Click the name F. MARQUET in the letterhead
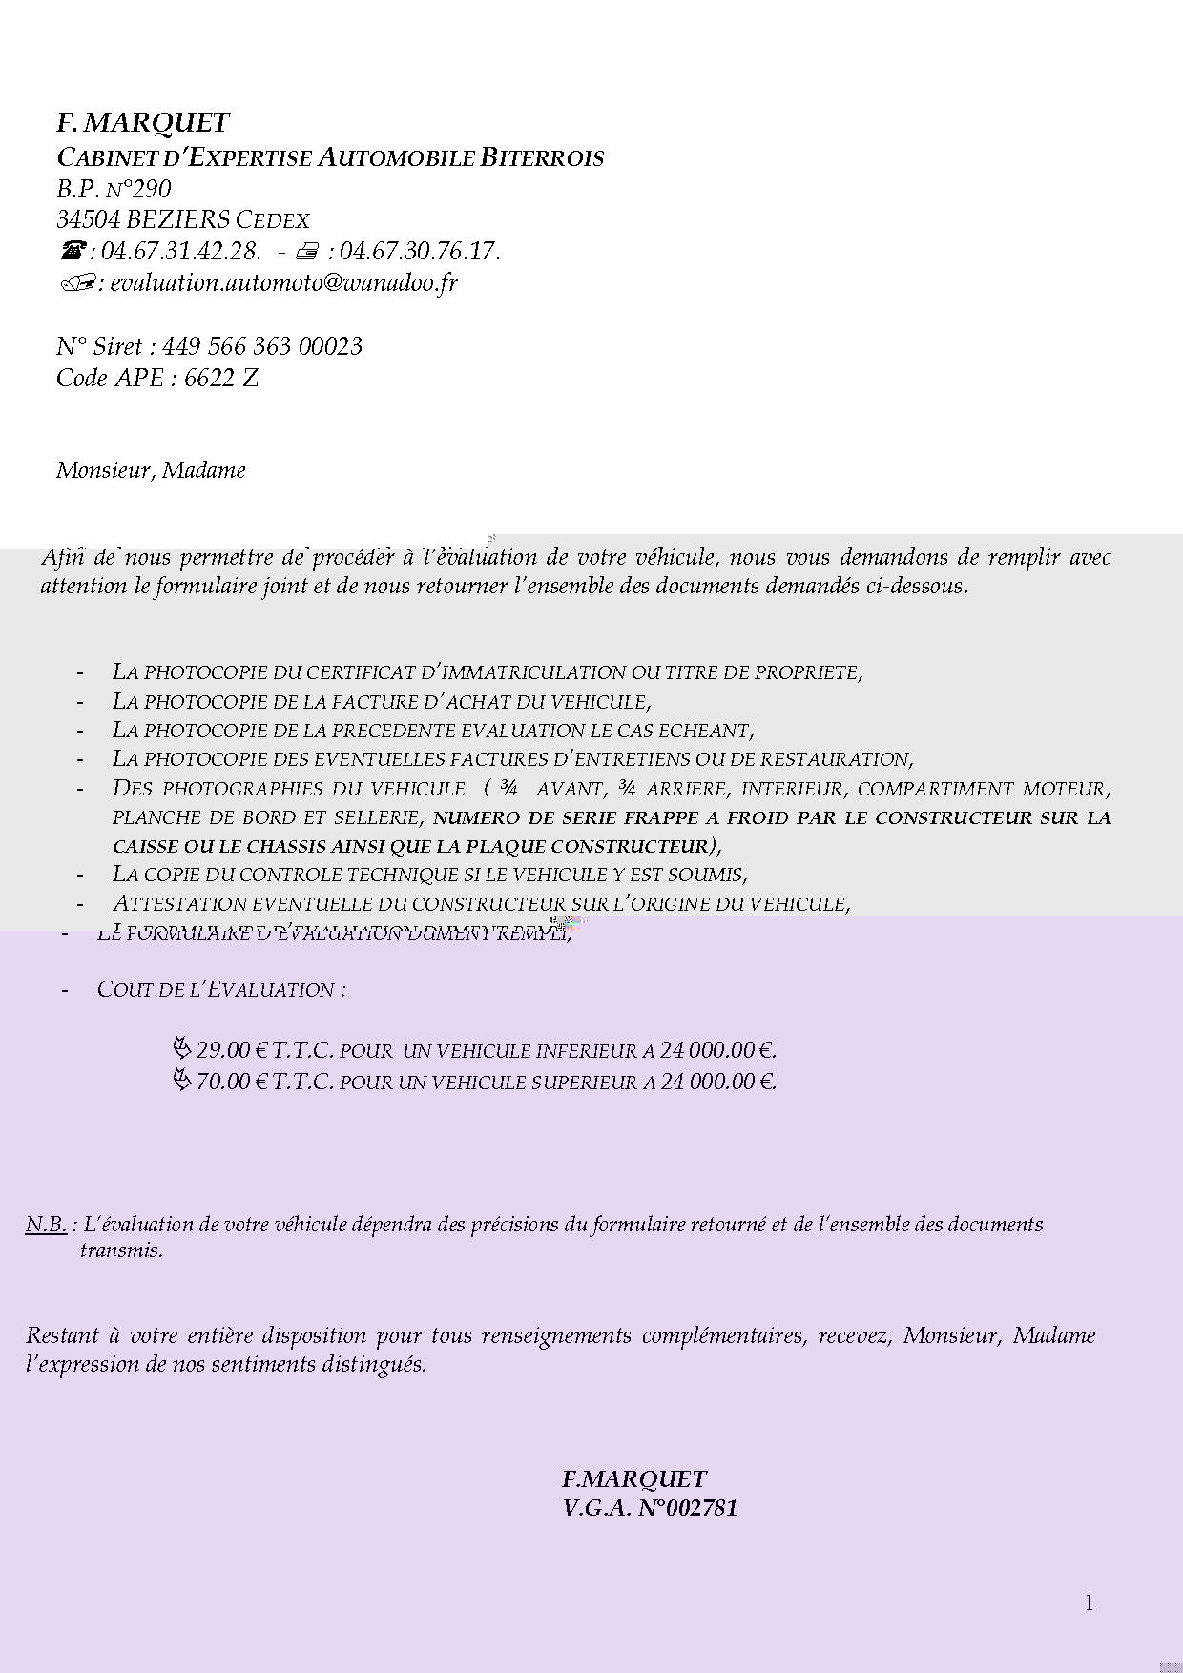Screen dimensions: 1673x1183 click(x=143, y=123)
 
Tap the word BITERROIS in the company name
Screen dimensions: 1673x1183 click(x=542, y=157)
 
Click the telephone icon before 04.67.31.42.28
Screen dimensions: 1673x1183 click(x=73, y=251)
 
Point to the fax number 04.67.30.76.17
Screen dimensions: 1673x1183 click(x=419, y=252)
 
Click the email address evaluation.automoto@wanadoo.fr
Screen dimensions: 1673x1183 click(x=284, y=283)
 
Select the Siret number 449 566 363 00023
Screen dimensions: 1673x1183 click(x=262, y=346)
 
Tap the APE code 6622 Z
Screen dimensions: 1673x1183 click(x=221, y=379)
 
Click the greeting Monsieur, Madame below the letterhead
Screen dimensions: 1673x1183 click(x=151, y=470)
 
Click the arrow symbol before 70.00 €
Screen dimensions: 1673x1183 click(x=181, y=1081)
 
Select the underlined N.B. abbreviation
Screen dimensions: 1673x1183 click(x=46, y=1225)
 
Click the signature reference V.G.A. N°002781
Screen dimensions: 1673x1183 click(x=650, y=1508)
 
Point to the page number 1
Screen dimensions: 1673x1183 click(x=1089, y=1602)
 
